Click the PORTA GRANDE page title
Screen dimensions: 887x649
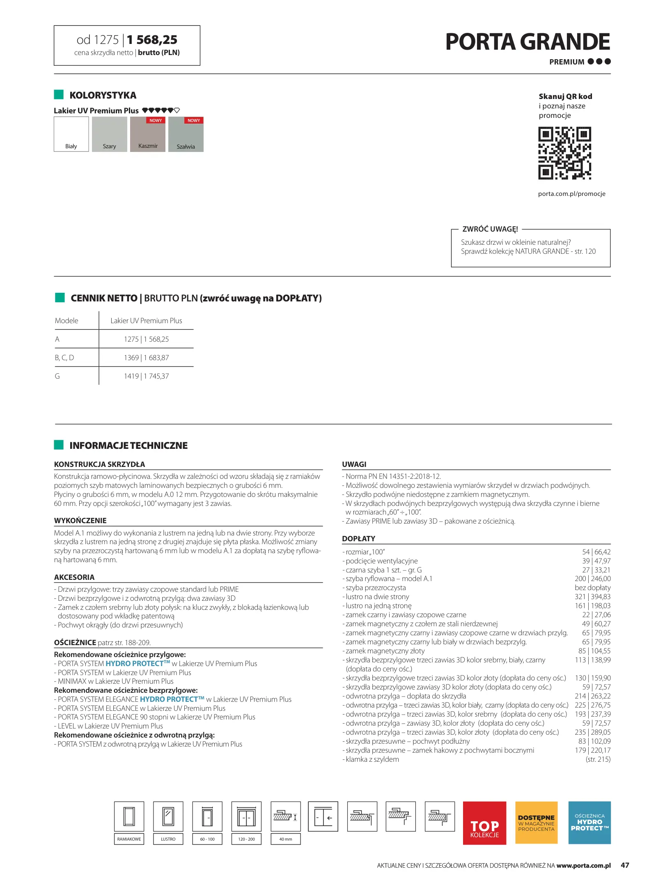(527, 42)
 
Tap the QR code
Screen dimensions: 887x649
(564, 153)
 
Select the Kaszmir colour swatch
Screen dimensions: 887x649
(148, 134)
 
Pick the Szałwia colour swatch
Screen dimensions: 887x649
(186, 134)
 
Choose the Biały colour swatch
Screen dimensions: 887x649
(71, 134)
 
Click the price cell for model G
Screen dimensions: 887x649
(146, 376)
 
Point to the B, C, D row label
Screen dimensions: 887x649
(64, 358)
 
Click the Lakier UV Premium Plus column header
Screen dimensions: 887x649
(146, 321)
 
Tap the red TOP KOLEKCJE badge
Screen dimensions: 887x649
(484, 823)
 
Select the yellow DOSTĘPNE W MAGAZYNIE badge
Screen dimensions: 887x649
(536, 823)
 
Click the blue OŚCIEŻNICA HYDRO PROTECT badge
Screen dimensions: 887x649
(589, 823)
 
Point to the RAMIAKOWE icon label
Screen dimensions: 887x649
(129, 839)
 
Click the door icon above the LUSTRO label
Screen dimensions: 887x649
(168, 816)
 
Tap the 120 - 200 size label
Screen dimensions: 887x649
(246, 839)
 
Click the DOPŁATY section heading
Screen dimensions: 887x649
(358, 539)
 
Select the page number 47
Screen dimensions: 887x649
(625, 865)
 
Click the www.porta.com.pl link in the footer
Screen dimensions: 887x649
(583, 866)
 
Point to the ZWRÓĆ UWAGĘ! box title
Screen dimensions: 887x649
(490, 229)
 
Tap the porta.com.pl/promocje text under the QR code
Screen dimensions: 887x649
(571, 194)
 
